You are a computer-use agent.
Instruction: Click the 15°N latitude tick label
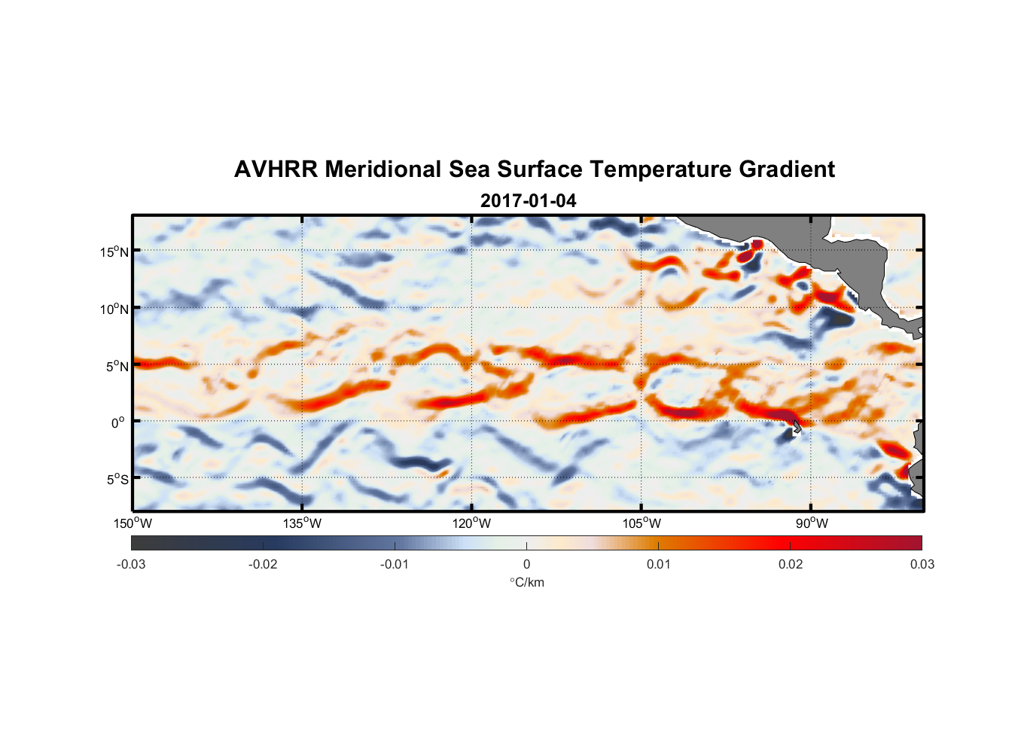pos(114,252)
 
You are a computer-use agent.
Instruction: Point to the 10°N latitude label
pos(114,309)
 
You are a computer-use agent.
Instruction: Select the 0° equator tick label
pos(118,423)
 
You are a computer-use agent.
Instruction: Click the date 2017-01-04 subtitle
pos(528,201)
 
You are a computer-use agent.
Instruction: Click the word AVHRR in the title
pos(276,169)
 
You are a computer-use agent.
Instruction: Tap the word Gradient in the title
pos(787,169)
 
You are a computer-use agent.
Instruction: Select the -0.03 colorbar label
pos(131,565)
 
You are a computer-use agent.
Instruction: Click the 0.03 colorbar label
pos(922,565)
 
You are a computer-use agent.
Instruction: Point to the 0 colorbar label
pos(526,565)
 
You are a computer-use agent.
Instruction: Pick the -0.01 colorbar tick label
pos(395,565)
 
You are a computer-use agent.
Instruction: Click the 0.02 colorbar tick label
pos(791,565)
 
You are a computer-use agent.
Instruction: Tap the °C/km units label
pos(526,582)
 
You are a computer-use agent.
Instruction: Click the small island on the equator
pos(797,427)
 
